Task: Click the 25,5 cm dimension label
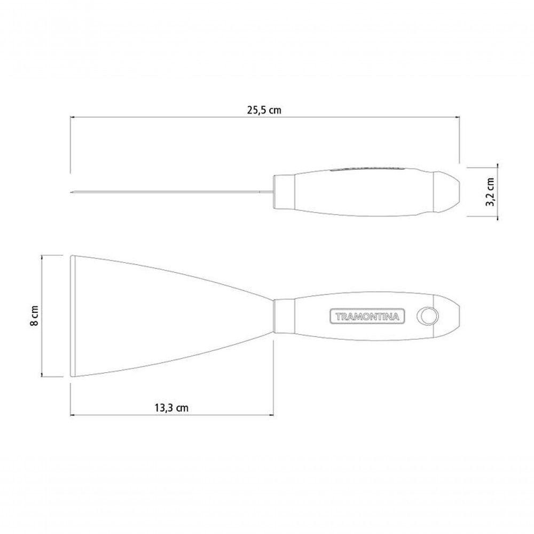[264, 111]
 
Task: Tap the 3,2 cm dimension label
[491, 192]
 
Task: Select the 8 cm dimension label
[34, 316]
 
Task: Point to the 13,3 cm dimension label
[171, 407]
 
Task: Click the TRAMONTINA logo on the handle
[367, 316]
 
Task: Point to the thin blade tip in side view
[72, 192]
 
